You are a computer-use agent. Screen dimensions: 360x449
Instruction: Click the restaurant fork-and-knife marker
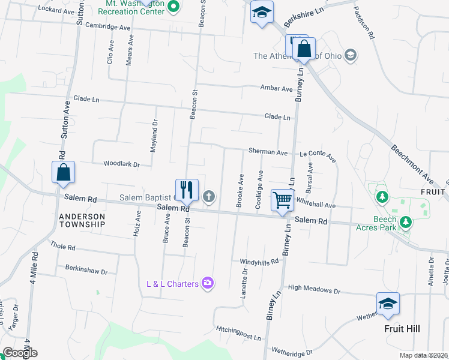click(187, 190)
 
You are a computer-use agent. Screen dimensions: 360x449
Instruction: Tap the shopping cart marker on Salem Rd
click(282, 200)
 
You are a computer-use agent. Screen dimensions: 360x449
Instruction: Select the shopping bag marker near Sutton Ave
click(63, 173)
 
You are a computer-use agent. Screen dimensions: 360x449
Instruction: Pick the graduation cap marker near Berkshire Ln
click(261, 13)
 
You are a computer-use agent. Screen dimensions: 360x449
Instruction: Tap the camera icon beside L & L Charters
click(208, 283)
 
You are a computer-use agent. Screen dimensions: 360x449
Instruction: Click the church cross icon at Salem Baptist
click(209, 196)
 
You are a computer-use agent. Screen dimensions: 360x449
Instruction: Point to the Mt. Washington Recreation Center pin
click(174, 7)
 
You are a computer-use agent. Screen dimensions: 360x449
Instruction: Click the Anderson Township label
click(82, 220)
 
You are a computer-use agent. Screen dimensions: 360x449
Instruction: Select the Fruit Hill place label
click(402, 328)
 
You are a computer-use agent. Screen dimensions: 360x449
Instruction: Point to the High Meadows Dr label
click(313, 290)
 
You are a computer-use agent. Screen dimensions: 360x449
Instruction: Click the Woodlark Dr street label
click(121, 164)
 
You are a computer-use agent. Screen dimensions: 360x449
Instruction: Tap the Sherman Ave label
click(269, 152)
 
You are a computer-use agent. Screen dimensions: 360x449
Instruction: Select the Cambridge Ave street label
click(107, 28)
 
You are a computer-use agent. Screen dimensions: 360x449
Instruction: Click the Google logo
click(19, 353)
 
